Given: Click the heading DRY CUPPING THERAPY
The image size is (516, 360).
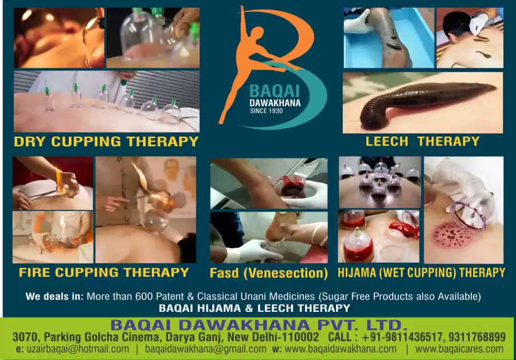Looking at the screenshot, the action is pyautogui.click(x=106, y=142).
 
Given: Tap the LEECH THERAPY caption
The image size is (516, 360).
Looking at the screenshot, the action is pyautogui.click(x=423, y=142).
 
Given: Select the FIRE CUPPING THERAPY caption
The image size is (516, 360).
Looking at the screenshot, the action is pyautogui.click(x=104, y=272).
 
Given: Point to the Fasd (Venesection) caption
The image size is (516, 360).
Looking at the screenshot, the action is pyautogui.click(x=269, y=273).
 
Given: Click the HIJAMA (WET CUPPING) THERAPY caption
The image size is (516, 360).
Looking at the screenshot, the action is pyautogui.click(x=421, y=273).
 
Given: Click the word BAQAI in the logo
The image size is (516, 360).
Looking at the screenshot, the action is pyautogui.click(x=275, y=91).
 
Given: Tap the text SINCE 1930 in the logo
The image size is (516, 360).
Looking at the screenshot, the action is pyautogui.click(x=266, y=111).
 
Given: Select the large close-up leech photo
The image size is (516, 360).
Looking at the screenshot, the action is pyautogui.click(x=423, y=103).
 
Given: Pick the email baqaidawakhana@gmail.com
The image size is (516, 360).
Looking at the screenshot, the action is pyautogui.click(x=206, y=349).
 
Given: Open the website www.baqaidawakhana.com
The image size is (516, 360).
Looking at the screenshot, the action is pyautogui.click(x=341, y=349).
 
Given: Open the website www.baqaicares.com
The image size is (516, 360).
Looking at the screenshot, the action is pyautogui.click(x=459, y=349).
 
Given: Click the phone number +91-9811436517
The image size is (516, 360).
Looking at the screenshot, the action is pyautogui.click(x=403, y=337).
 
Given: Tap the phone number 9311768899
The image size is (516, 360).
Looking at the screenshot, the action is pyautogui.click(x=477, y=337).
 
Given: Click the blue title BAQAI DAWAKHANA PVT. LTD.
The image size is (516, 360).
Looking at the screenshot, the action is pyautogui.click(x=259, y=325).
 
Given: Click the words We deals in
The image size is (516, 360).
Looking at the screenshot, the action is pyautogui.click(x=54, y=296).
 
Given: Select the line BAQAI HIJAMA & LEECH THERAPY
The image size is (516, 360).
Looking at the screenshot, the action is pyautogui.click(x=255, y=308).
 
